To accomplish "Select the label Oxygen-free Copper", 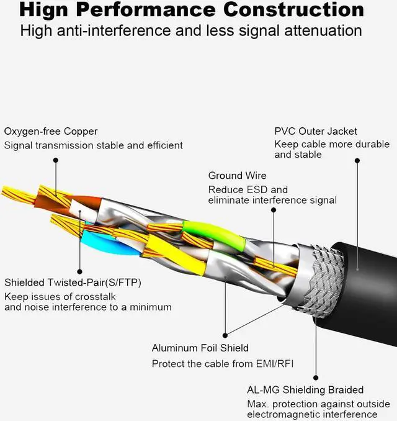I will point(51,132).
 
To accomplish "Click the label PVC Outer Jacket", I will point(316,131).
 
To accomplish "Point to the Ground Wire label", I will point(237,176).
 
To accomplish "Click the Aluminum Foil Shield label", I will point(200,348).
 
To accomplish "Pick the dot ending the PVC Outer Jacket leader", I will point(357,160).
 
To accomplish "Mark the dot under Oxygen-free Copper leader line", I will point(55,160).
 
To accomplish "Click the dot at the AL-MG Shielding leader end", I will point(316,377).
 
